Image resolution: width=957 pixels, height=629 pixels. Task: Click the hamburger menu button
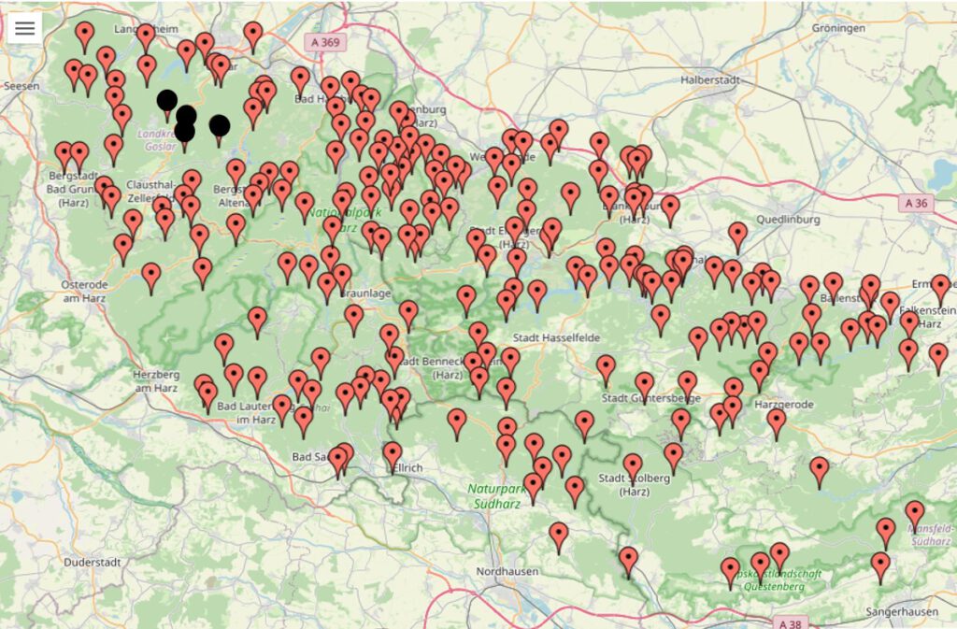click(x=24, y=28)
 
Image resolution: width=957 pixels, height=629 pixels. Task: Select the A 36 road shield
click(x=918, y=202)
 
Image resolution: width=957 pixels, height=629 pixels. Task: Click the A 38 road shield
click(x=789, y=622)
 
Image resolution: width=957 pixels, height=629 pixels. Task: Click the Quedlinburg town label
click(x=790, y=221)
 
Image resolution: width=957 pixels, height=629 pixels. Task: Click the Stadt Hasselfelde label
click(x=556, y=336)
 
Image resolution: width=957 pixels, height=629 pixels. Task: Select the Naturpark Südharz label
click(x=501, y=494)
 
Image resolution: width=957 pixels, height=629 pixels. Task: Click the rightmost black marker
click(x=220, y=125)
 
